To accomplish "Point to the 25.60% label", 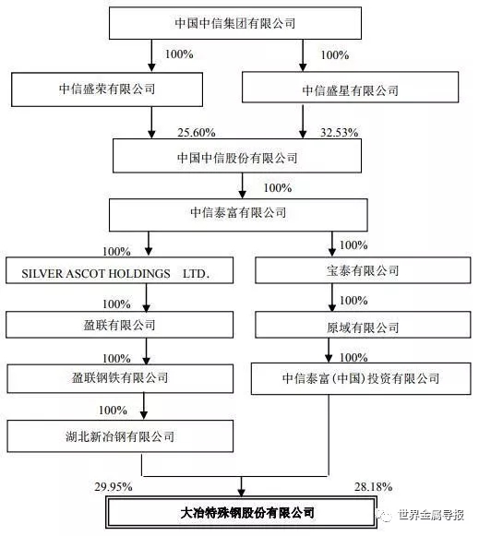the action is click(x=197, y=133).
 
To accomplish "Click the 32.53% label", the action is click(x=339, y=133).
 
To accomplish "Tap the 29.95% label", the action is click(x=114, y=487).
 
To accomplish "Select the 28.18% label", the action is click(x=373, y=487).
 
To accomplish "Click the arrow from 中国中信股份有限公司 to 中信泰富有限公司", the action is click(x=242, y=185).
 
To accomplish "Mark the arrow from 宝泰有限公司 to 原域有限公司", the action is click(x=331, y=297).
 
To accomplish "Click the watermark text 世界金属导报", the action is click(x=431, y=515).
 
